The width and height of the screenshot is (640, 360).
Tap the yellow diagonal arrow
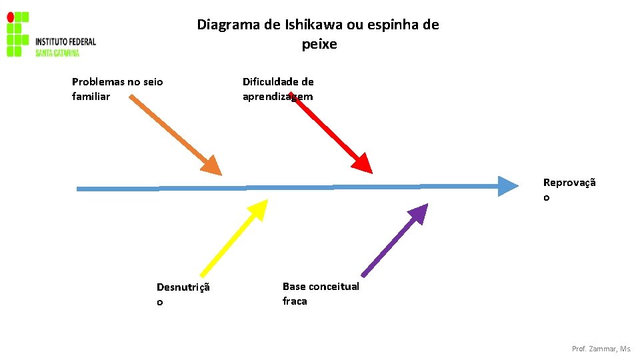point(230,240)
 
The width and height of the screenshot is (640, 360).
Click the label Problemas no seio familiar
point(117,89)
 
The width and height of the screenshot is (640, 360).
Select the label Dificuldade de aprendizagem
point(278,89)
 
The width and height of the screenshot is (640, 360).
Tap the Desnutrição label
point(183,294)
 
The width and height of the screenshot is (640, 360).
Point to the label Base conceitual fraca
point(321,293)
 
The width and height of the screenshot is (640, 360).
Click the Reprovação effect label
point(569,189)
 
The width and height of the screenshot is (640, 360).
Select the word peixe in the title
point(319,45)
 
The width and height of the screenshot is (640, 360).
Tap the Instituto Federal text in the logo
point(65,41)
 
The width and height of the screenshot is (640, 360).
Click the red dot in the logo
point(10,16)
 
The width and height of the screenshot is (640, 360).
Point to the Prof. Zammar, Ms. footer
point(601,349)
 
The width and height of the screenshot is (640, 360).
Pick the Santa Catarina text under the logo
point(57,53)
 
